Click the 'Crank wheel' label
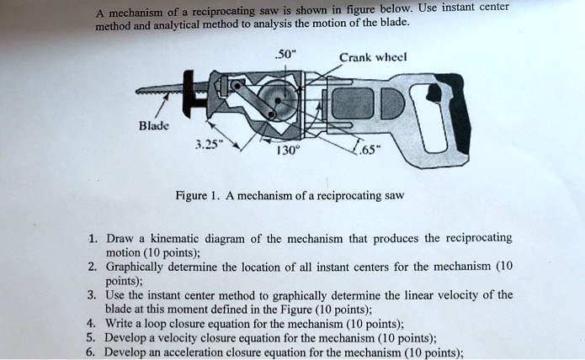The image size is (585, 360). coord(374,58)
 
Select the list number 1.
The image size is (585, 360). coord(91,238)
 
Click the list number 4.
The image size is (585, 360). coord(91,322)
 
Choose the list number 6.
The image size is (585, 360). coord(91,352)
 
